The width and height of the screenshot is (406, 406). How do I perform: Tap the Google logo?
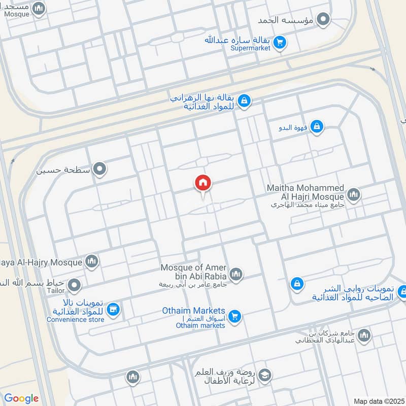[x=21, y=398]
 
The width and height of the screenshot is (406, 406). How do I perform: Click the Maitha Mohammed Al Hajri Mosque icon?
[x=353, y=194]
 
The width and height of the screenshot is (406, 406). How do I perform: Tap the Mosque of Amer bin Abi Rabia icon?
[x=235, y=275]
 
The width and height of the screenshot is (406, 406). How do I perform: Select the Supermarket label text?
[x=250, y=49]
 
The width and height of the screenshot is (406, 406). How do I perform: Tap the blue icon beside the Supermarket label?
[x=279, y=43]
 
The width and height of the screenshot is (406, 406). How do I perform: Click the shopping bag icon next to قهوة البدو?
[x=316, y=126]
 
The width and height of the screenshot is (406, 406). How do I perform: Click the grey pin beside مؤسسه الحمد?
[x=323, y=20]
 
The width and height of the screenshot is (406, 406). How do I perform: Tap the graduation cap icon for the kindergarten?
[x=264, y=376]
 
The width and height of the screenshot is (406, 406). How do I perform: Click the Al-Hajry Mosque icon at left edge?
[x=92, y=261]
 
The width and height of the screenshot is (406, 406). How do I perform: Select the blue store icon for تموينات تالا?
[x=114, y=309]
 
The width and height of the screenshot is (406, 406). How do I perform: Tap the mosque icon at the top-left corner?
[x=38, y=8]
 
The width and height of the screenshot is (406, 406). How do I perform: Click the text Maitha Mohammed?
[x=306, y=188]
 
